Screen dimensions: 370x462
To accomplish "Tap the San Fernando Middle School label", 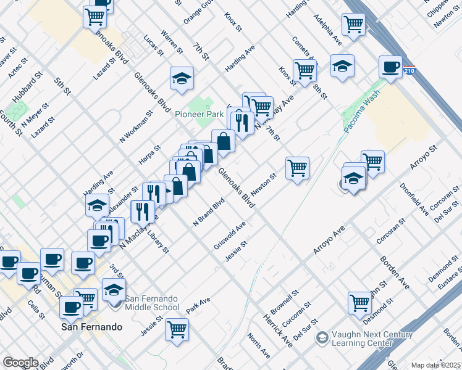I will pos(152,303).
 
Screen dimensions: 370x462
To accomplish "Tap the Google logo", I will pos(20,363).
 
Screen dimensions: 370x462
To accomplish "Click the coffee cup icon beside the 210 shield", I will pos(390,67).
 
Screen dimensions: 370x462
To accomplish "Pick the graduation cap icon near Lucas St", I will pos(182,78).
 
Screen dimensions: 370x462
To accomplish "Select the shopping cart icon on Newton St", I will pos(297,167).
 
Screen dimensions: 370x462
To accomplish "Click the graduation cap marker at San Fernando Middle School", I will pos(114,289).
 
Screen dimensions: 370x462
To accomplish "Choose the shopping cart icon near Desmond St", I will pos(359,303).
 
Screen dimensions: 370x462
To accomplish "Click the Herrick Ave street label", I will pos(277,331).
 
